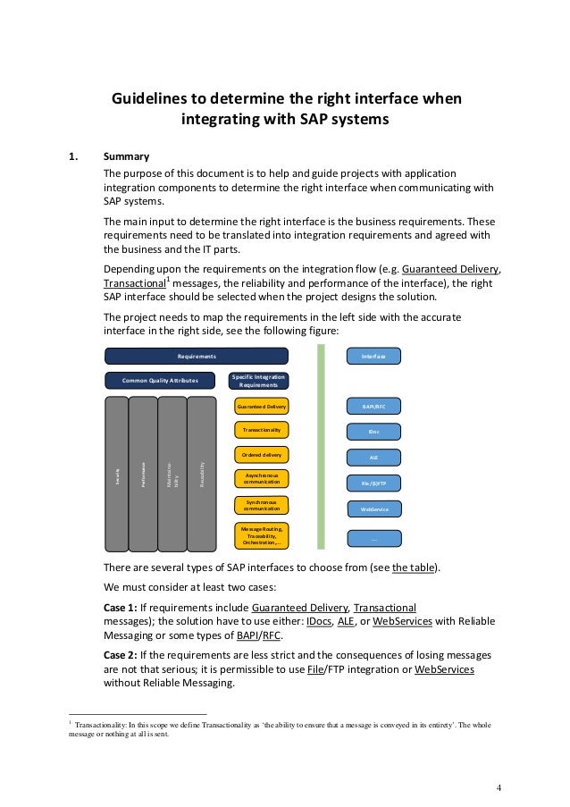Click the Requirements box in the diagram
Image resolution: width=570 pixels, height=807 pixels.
pyautogui.click(x=197, y=356)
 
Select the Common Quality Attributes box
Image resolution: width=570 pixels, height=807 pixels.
pyautogui.click(x=160, y=381)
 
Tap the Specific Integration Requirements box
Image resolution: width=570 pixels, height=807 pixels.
pyautogui.click(x=259, y=381)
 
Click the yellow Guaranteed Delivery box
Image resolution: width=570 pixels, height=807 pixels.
pyautogui.click(x=262, y=407)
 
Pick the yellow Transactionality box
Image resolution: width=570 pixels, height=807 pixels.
pyautogui.click(x=262, y=430)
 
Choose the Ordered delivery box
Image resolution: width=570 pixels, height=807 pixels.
pyautogui.click(x=262, y=454)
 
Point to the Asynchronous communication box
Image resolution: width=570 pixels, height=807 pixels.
pyautogui.click(x=262, y=480)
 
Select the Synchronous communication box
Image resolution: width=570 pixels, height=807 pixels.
pyautogui.click(x=262, y=507)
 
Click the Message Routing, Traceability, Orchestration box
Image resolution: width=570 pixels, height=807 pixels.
pyautogui.click(x=262, y=536)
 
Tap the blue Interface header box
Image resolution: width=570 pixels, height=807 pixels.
pyautogui.click(x=373, y=356)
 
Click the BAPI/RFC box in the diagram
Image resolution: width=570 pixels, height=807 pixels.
pyautogui.click(x=373, y=407)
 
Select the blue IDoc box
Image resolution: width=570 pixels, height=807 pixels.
pyautogui.click(x=373, y=432)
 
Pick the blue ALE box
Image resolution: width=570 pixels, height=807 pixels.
pyautogui.click(x=373, y=458)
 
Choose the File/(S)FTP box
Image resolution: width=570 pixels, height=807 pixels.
pyautogui.click(x=373, y=483)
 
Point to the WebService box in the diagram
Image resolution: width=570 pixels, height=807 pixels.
pyautogui.click(x=373, y=509)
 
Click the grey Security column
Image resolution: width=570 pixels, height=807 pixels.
pyautogui.click(x=117, y=474)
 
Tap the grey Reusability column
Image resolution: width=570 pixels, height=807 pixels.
pyautogui.click(x=203, y=474)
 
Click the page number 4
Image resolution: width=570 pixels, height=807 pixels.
pyautogui.click(x=499, y=787)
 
